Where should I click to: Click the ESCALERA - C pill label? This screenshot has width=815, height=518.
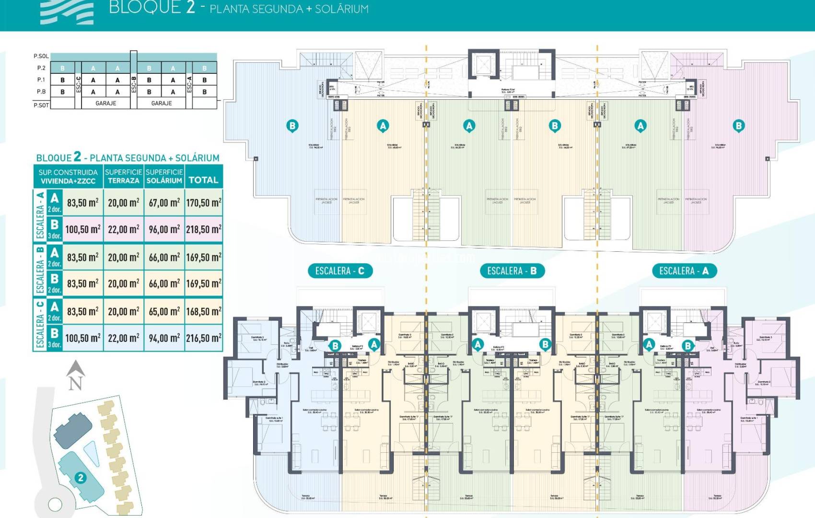(339, 271)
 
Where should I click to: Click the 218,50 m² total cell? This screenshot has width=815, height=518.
(204, 229)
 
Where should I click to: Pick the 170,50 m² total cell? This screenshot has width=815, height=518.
(204, 202)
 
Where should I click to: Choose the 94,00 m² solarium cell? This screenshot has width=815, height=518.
(164, 338)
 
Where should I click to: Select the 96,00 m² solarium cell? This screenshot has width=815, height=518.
(164, 229)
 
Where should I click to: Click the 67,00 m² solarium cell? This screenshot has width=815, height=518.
(164, 202)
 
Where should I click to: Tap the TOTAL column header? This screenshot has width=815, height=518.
(203, 180)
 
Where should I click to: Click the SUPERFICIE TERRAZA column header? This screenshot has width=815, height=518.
(123, 176)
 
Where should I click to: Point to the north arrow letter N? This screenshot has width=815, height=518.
(75, 383)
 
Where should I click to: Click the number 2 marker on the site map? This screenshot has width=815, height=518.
(81, 478)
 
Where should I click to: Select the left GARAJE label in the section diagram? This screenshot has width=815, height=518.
(105, 103)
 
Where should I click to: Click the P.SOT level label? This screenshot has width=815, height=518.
(41, 105)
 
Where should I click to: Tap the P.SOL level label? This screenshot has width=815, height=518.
(41, 56)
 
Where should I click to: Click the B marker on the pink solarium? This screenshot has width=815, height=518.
(738, 126)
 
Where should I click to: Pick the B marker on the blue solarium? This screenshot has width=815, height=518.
(292, 126)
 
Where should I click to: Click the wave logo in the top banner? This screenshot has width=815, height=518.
(67, 12)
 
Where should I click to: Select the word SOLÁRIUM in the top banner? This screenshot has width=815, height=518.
(341, 9)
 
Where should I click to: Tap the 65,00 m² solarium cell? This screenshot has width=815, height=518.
(164, 311)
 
